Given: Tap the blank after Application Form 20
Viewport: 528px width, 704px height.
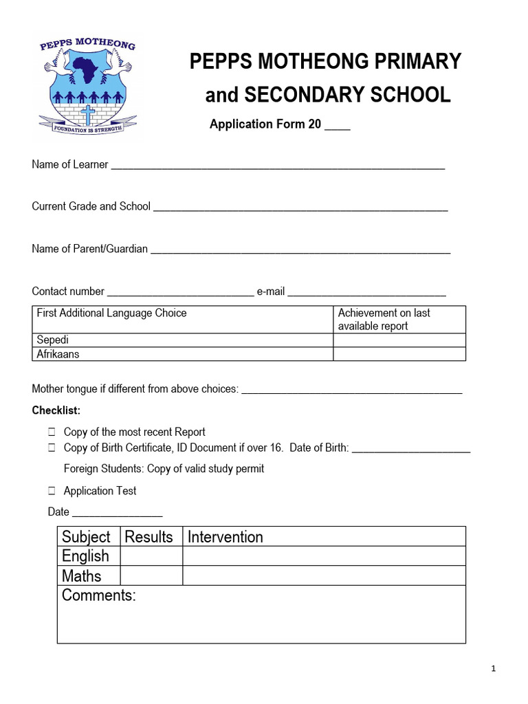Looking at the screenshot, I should tap(337, 126).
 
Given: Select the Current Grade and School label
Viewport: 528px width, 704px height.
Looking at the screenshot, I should tap(91, 206).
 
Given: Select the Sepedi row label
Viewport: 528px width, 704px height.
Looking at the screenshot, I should tap(53, 340).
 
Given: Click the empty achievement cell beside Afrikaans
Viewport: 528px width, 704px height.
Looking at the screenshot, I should tap(399, 354).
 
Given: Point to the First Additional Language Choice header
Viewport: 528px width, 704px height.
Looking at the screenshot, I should tap(111, 313).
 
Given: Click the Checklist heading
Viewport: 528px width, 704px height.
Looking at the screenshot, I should tap(56, 410).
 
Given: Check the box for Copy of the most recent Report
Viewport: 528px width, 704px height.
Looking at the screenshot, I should tap(52, 432).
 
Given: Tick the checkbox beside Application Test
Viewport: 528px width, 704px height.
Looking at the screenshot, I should tap(52, 491).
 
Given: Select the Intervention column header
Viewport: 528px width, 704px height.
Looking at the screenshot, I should tap(225, 537).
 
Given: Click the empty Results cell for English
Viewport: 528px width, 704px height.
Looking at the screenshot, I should tap(151, 556).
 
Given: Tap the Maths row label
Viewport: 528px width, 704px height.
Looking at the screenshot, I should tap(82, 576).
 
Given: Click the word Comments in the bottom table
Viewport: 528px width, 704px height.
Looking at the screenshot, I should tap(99, 595).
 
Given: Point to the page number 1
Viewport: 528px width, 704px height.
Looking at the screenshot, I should tap(494, 669).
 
